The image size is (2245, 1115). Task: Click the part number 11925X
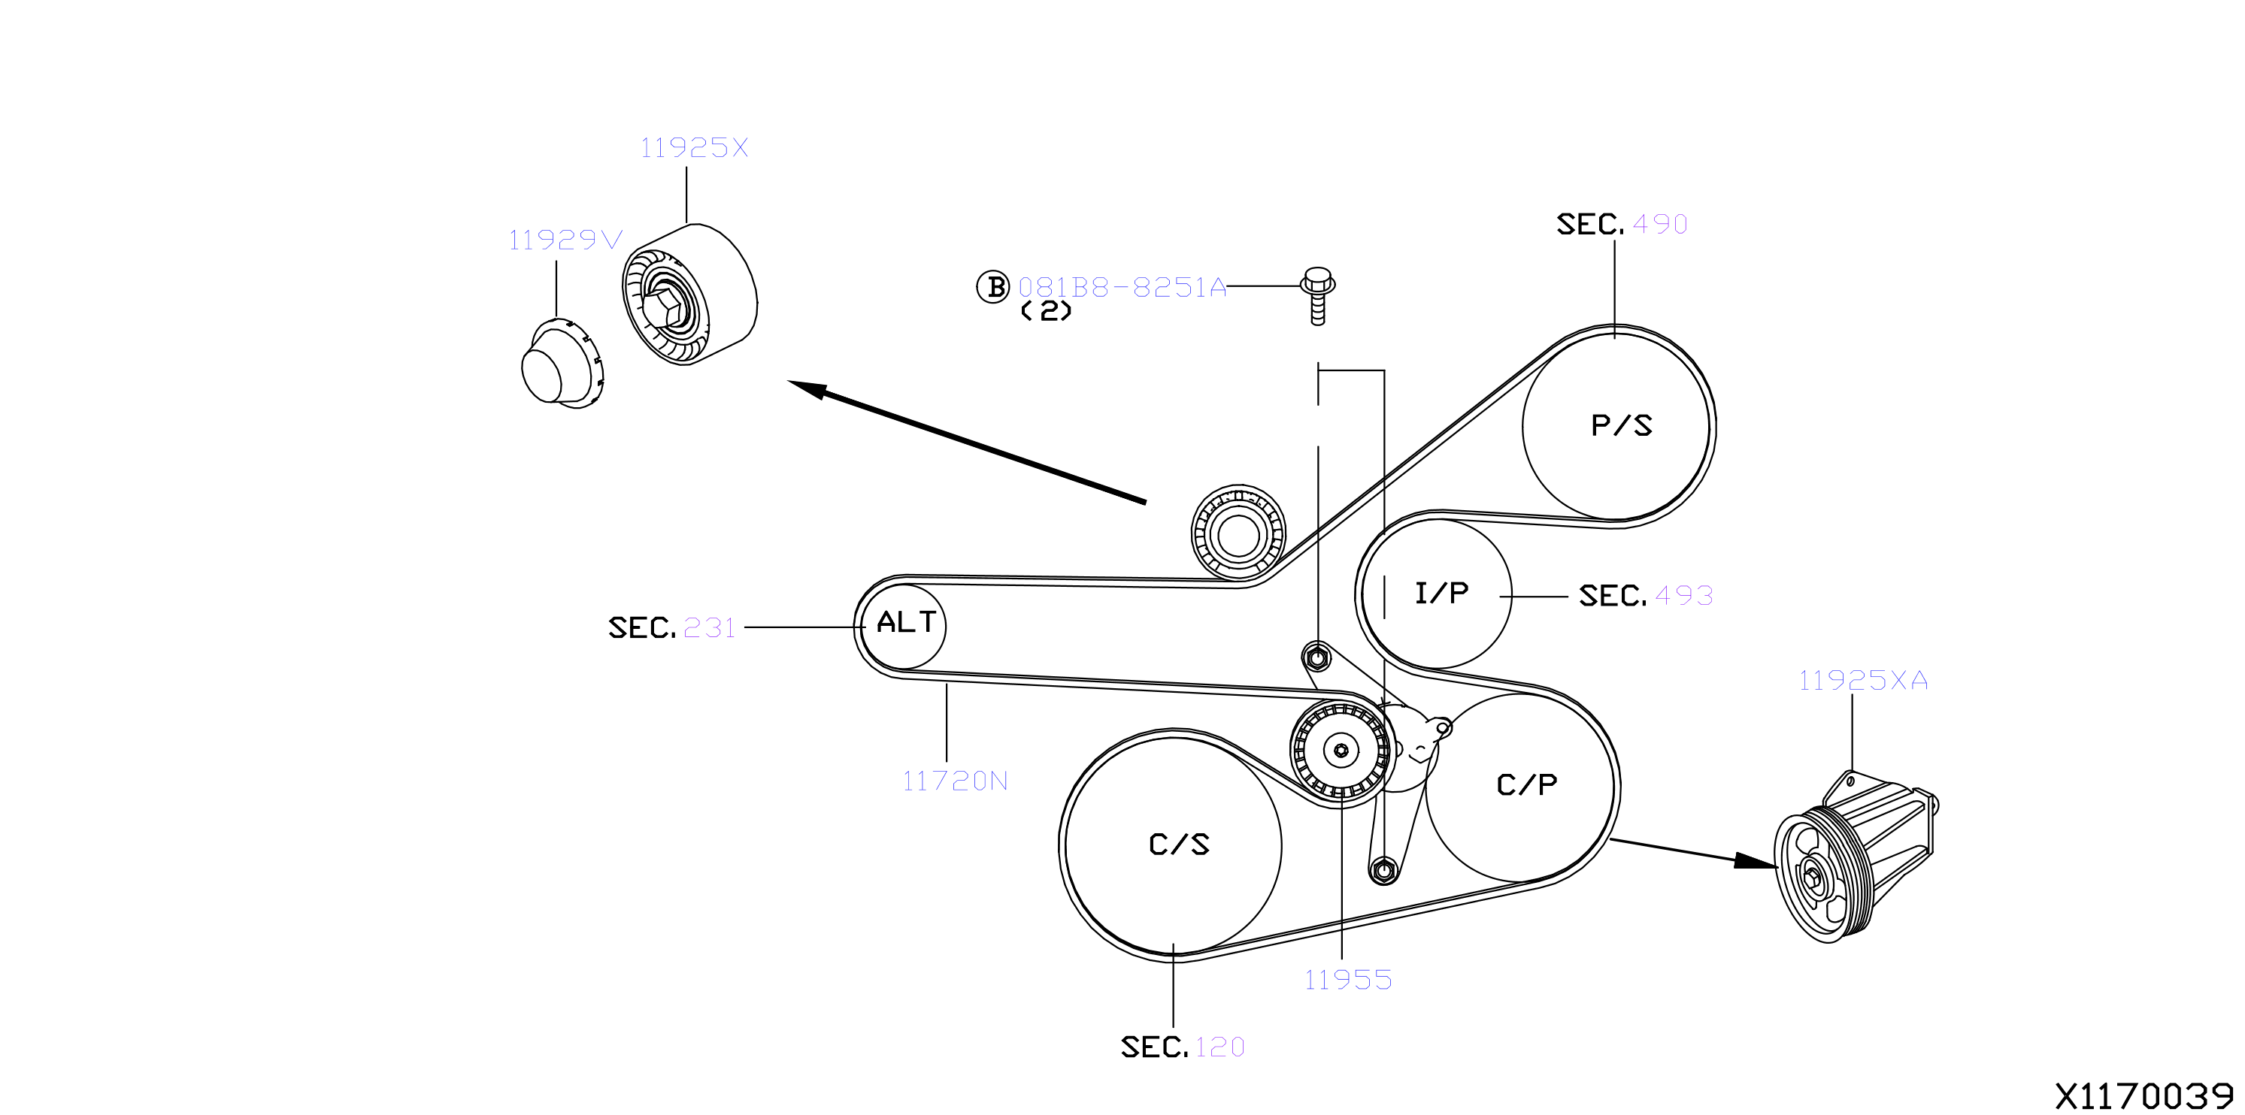click(695, 147)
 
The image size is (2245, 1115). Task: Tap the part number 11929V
click(565, 240)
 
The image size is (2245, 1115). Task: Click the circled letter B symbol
click(992, 286)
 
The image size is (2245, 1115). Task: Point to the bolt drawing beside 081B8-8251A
click(1318, 296)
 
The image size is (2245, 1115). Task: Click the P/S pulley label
click(1621, 425)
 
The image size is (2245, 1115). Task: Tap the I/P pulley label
click(1441, 594)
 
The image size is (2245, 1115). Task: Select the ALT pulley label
click(907, 622)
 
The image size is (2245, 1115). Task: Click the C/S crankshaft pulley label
click(1179, 844)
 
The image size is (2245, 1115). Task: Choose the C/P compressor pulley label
click(1527, 785)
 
